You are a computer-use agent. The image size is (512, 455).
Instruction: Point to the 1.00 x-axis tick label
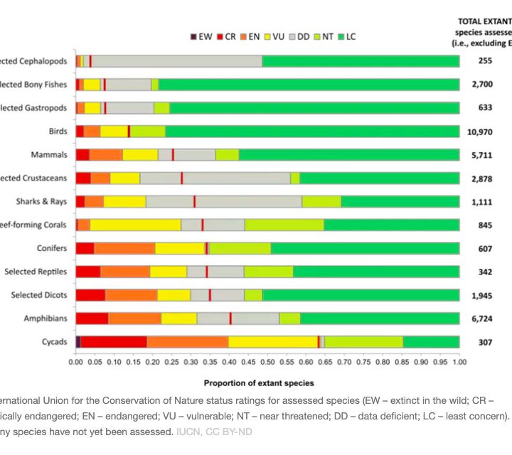pos(459,362)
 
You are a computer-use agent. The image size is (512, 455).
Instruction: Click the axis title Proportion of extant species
pos(259,383)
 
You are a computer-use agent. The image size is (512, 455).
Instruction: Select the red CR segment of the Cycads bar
pos(114,341)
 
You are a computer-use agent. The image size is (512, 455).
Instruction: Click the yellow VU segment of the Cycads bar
pos(273,341)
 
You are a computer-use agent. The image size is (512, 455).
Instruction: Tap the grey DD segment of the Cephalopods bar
pos(178,61)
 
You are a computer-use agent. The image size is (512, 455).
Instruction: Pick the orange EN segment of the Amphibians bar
pos(134,318)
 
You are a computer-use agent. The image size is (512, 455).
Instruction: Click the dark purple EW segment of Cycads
pos(78,341)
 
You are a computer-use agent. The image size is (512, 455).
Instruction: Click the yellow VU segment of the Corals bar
pos(136,225)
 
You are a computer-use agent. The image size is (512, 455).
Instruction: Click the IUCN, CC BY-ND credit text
pos(214,432)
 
